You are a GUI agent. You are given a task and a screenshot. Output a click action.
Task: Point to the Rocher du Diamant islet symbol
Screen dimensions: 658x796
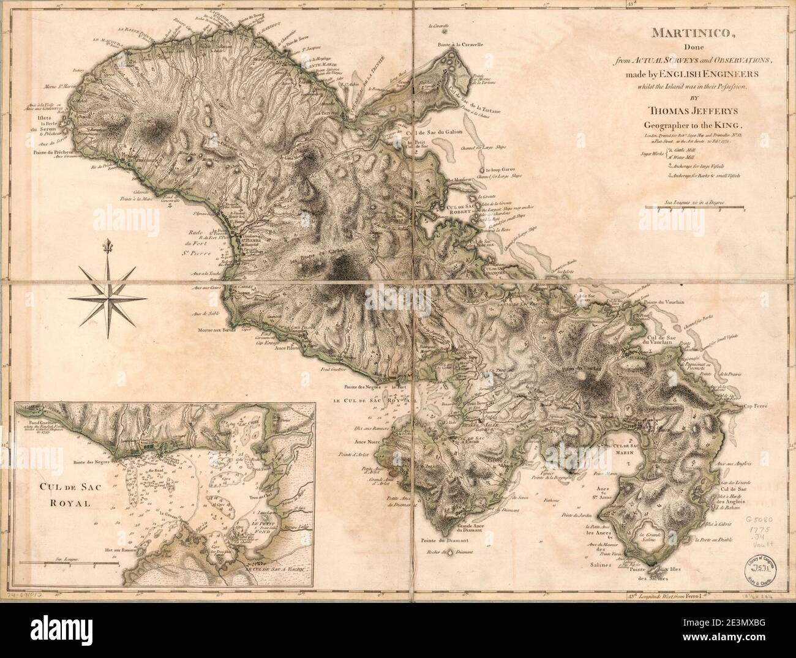point(451,553)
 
